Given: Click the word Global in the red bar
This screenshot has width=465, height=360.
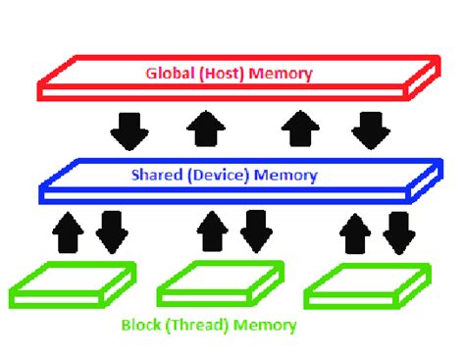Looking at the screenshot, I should click(169, 73).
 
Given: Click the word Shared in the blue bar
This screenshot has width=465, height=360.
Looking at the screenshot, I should click(153, 177).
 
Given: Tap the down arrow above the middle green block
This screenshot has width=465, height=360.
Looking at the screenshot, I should click(257, 231).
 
